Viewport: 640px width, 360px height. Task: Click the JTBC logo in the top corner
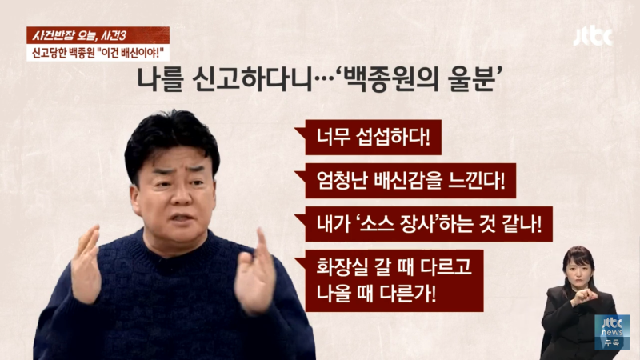click(592, 36)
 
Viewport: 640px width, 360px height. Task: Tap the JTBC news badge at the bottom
click(611, 331)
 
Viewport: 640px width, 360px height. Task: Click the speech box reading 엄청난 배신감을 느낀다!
click(405, 182)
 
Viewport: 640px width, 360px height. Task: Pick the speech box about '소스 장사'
click(423, 225)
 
